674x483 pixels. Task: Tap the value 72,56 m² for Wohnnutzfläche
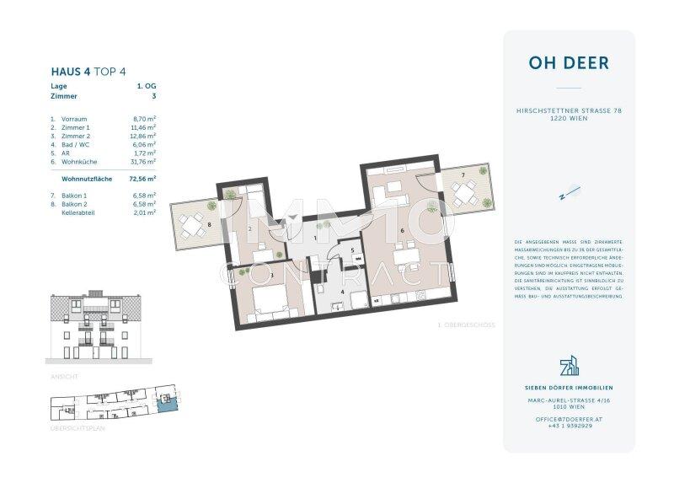[142, 180]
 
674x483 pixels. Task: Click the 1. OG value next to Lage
[145, 86]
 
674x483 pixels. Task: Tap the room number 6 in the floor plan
[403, 230]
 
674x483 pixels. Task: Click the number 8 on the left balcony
[208, 226]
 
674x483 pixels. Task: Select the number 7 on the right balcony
[462, 174]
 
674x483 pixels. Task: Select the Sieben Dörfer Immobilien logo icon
[569, 368]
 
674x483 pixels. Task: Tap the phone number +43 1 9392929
[569, 427]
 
